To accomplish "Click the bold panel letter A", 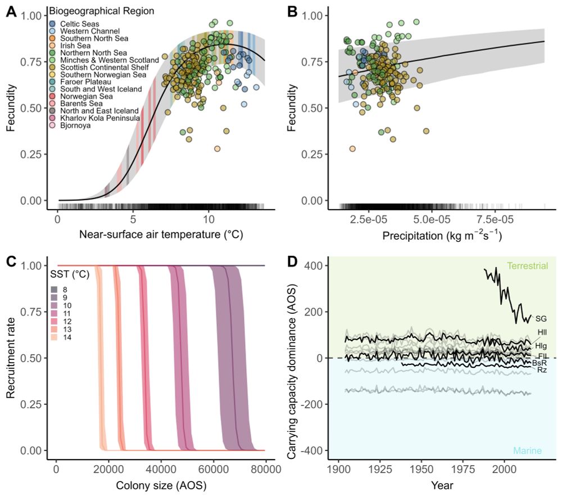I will pyautogui.click(x=10, y=11).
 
